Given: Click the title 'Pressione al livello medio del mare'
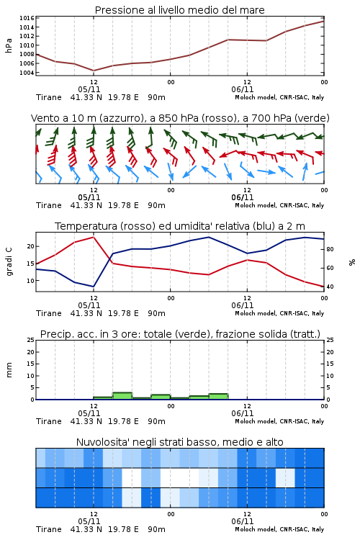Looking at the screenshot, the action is click(x=179, y=10).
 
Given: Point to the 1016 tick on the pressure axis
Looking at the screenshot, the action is click(x=27, y=18).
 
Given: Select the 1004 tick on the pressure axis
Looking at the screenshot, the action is click(x=27, y=72).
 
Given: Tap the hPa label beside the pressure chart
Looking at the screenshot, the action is click(x=9, y=45).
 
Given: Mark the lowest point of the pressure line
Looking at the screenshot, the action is click(x=94, y=71).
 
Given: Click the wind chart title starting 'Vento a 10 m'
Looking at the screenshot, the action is click(x=180, y=118).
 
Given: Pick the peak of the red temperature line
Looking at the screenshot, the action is click(x=94, y=237).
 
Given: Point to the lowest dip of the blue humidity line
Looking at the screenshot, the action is click(x=94, y=287).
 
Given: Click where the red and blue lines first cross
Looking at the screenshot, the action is click(x=109, y=260).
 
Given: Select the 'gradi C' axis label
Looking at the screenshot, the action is click(x=9, y=261).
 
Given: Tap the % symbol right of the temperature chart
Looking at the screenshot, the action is click(x=352, y=262).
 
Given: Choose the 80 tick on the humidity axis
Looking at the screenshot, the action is click(x=330, y=249).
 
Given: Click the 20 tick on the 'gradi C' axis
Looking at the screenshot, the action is click(x=31, y=246).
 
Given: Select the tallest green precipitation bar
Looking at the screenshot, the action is click(x=122, y=396).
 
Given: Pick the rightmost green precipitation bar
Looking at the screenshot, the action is click(x=218, y=397).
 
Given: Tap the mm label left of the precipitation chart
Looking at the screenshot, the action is click(x=9, y=369).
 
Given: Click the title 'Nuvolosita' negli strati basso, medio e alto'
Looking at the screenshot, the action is click(x=179, y=442).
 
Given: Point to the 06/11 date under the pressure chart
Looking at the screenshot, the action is click(x=242, y=89).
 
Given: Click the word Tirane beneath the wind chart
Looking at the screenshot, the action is click(x=48, y=206).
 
